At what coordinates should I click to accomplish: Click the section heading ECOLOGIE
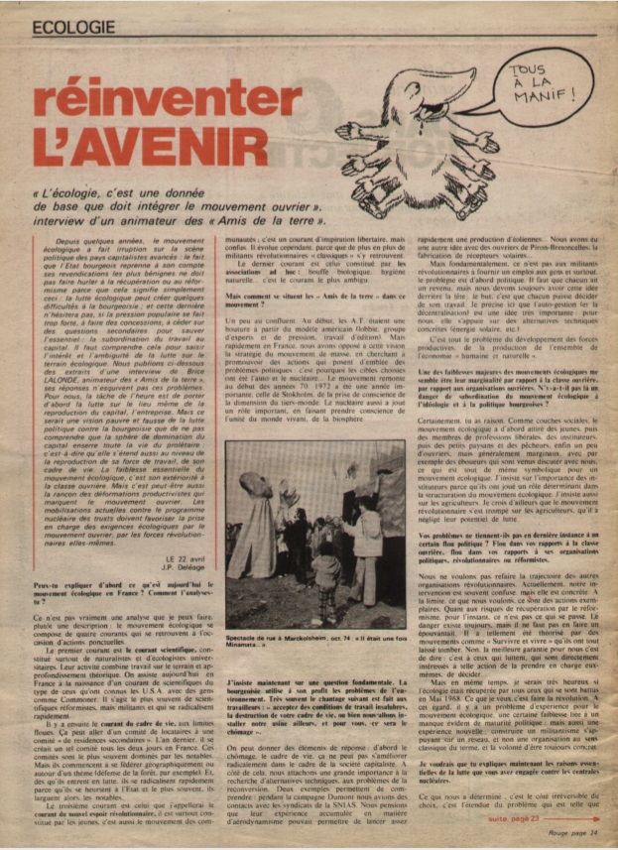tap(73, 29)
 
